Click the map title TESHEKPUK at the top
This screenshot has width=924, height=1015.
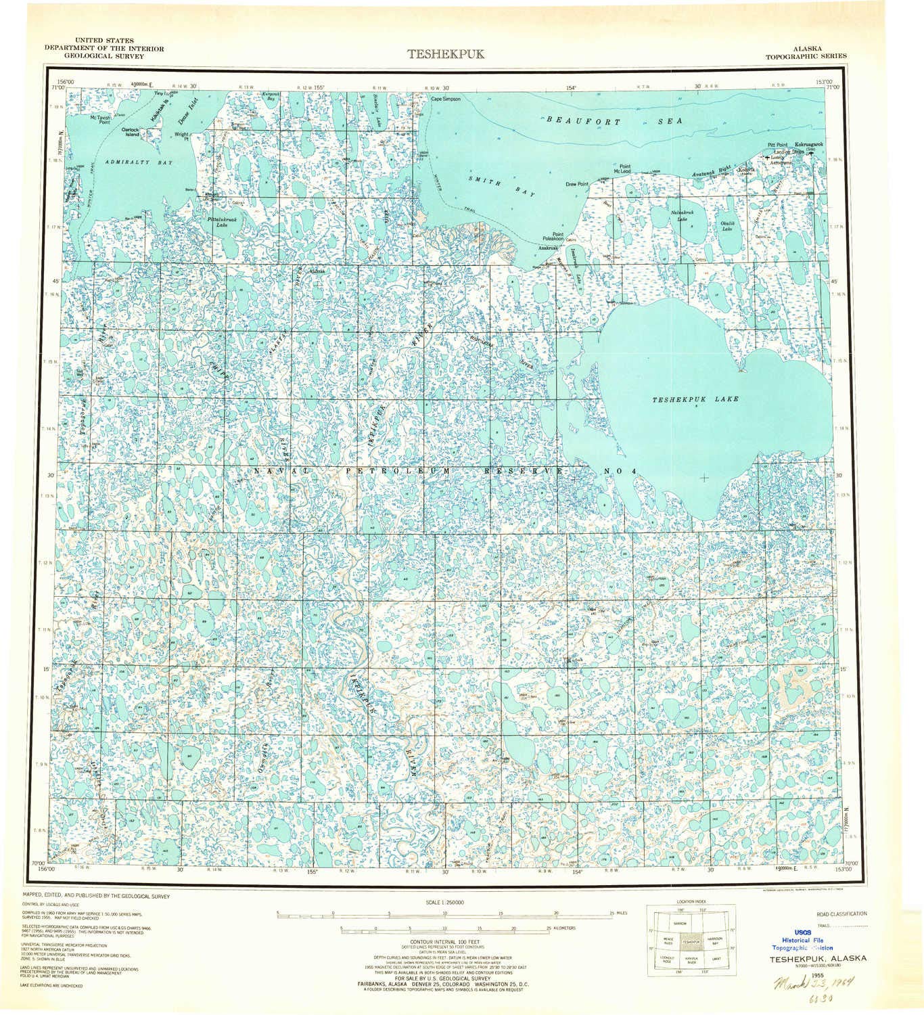tap(446, 55)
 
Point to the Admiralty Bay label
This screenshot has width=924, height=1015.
tap(139, 163)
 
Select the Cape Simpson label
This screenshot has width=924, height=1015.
tap(446, 99)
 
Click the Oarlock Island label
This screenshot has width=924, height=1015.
tap(130, 131)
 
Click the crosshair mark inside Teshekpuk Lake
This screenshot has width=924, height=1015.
tap(704, 478)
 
